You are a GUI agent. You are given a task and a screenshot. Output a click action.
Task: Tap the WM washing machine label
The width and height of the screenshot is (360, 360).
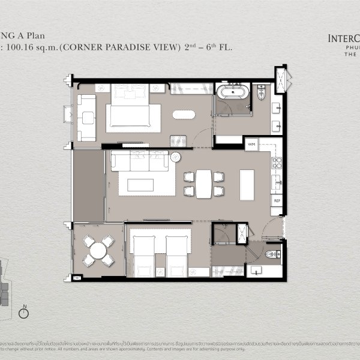point(252,144)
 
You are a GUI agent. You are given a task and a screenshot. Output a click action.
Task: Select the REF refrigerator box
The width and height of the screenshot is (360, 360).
point(277,201)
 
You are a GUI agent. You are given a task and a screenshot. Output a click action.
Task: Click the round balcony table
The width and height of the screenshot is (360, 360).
point(98,250)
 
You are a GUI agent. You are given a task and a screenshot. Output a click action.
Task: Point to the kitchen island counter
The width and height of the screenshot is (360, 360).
point(247,184)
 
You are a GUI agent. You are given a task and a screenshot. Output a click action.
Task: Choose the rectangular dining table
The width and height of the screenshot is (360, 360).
point(204,184)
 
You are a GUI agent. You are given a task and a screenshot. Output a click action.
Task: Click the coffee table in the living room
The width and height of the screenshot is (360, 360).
point(140,185)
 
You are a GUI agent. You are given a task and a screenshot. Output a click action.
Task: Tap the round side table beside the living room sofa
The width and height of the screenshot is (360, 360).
point(176,157)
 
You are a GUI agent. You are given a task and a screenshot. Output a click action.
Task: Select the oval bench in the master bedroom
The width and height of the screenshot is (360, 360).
point(184,114)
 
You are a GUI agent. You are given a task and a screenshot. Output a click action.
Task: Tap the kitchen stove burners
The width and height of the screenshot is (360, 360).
point(277,161)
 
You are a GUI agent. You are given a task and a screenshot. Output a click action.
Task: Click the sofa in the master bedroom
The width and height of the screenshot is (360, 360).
point(86,118)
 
